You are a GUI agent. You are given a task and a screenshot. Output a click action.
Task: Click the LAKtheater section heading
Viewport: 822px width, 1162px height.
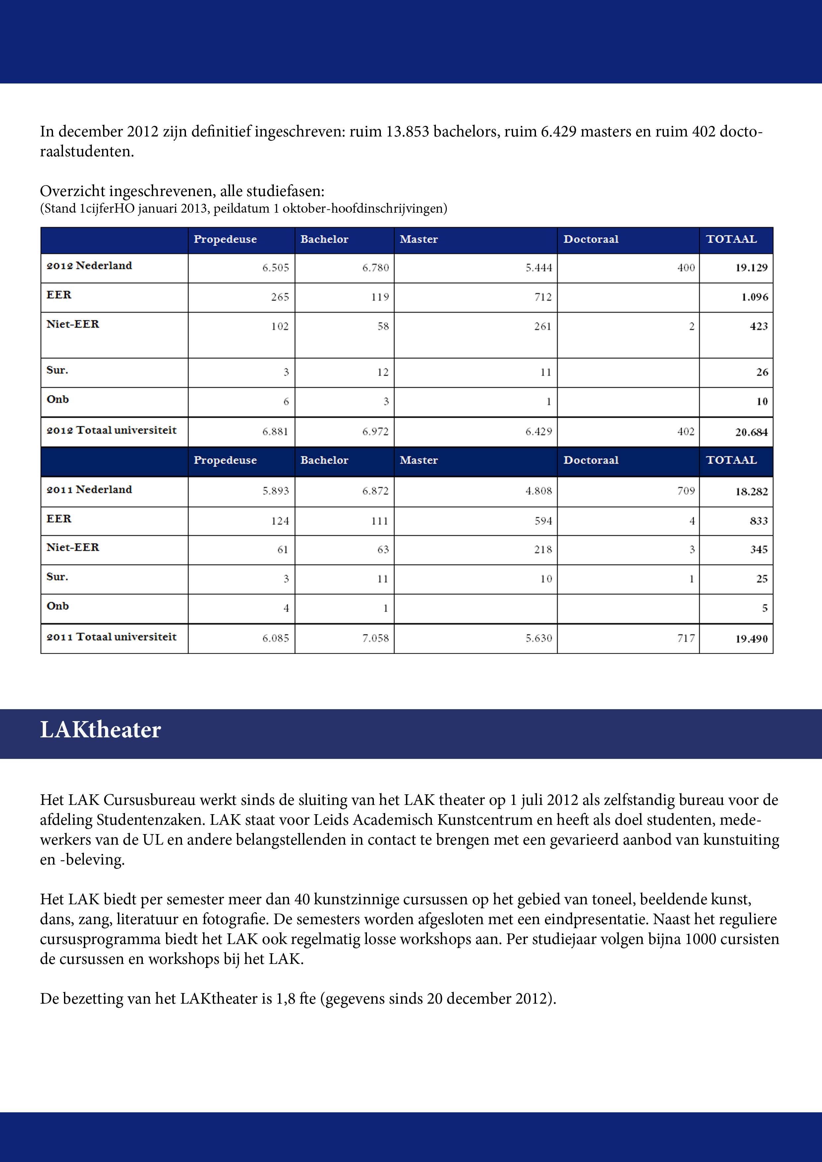click(x=100, y=730)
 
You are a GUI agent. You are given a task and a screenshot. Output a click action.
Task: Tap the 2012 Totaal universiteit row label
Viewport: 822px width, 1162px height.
click(x=111, y=430)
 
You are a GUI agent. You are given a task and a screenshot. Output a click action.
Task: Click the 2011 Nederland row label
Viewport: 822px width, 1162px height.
click(x=89, y=489)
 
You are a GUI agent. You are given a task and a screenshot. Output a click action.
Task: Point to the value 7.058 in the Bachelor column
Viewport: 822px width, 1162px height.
click(x=375, y=638)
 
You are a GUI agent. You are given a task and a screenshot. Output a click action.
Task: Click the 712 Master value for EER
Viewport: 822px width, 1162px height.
click(x=543, y=297)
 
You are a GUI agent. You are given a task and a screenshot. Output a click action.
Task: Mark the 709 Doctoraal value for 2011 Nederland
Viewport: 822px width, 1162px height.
click(x=686, y=491)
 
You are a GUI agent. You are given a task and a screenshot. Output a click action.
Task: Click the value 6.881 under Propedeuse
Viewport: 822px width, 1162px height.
click(x=275, y=432)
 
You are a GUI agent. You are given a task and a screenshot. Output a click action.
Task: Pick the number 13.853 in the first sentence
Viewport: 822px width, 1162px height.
click(x=407, y=132)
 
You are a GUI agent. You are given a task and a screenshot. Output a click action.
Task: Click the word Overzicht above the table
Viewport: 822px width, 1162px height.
click(x=73, y=191)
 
